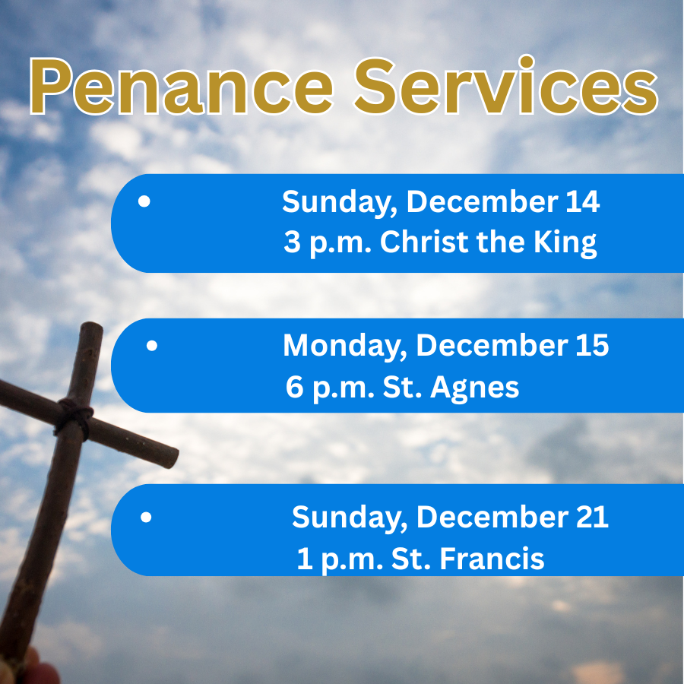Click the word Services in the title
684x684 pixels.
pos(506,85)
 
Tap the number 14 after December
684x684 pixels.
pos(582,202)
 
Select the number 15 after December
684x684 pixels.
pos(591,346)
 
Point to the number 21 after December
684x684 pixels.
pos(591,518)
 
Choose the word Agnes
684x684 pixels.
pos(475,388)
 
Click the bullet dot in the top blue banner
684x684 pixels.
pos(145,203)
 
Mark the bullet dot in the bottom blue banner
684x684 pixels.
pos(146,518)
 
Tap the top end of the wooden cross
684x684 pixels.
pos(93,329)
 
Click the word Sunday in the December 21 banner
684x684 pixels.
pos(350,518)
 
